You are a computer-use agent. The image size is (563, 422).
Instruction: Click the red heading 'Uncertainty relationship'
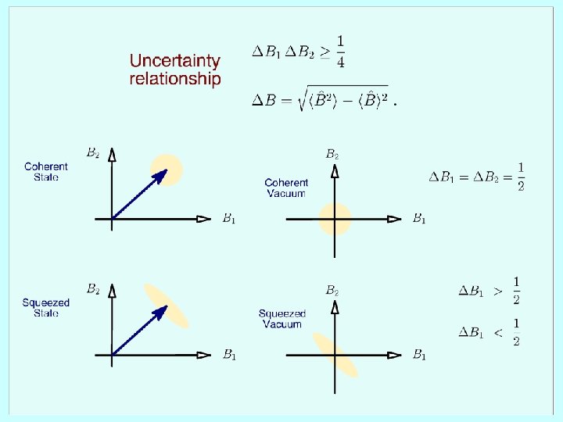pyautogui.click(x=175, y=70)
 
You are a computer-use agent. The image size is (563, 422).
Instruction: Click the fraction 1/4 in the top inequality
pyautogui.click(x=341, y=52)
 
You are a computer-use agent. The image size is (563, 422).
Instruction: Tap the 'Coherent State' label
pyautogui.click(x=46, y=172)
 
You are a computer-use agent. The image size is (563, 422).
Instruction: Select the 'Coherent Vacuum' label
pyautogui.click(x=286, y=188)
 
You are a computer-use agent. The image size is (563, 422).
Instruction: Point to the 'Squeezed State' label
pyautogui.click(x=46, y=308)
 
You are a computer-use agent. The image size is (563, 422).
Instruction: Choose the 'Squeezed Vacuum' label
pyautogui.click(x=282, y=319)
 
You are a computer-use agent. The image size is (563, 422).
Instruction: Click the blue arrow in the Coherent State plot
pyautogui.click(x=139, y=195)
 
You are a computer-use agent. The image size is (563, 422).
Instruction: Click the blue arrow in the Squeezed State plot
pyautogui.click(x=139, y=331)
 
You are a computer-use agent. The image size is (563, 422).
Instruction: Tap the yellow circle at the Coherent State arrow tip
pyautogui.click(x=167, y=170)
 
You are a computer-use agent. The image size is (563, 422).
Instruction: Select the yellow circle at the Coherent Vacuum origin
pyautogui.click(x=335, y=219)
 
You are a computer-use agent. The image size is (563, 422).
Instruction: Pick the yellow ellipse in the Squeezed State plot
pyautogui.click(x=167, y=306)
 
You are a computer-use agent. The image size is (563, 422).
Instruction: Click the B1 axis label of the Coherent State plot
pyautogui.click(x=228, y=219)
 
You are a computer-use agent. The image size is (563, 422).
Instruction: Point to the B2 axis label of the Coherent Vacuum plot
pyautogui.click(x=332, y=154)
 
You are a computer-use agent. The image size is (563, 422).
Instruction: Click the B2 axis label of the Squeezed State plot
pyautogui.click(x=92, y=289)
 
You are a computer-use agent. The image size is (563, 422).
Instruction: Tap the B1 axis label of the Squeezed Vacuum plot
pyautogui.click(x=419, y=356)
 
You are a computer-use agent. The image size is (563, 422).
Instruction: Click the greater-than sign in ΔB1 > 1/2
pyautogui.click(x=498, y=291)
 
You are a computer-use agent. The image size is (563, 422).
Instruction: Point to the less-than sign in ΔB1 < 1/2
pyautogui.click(x=498, y=333)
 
